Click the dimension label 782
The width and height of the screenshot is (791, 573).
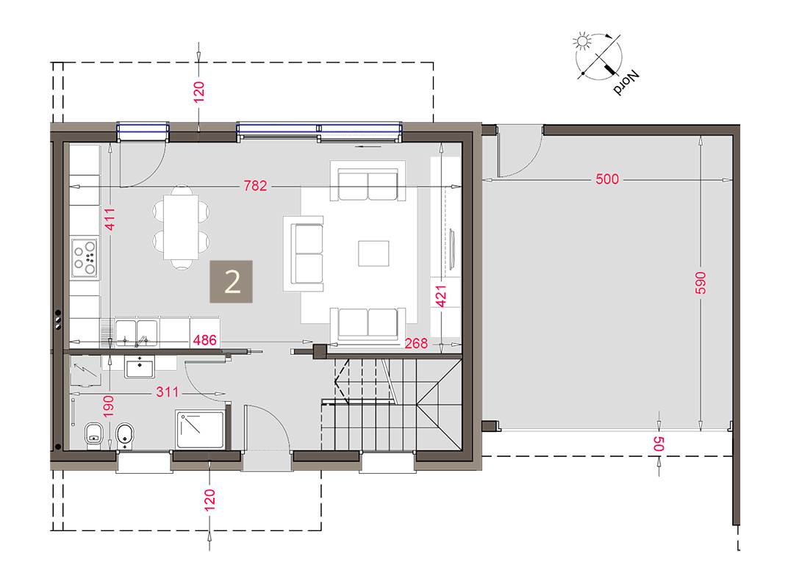point(255,186)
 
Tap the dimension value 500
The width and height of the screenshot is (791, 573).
point(607,179)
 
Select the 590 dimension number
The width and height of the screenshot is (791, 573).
point(700,283)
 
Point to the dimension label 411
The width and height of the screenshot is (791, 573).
point(110,219)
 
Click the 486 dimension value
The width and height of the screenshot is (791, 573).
point(205,340)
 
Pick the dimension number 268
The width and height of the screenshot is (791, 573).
point(416,343)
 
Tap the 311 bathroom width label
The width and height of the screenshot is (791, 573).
point(167,392)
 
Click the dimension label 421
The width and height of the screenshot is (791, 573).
point(441,296)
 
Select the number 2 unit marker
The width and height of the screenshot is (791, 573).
point(231,281)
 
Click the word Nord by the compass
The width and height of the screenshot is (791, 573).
point(626,82)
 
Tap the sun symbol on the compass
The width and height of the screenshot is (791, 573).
point(583,41)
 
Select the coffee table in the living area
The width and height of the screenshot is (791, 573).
point(373,253)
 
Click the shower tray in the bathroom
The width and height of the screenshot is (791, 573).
point(200,429)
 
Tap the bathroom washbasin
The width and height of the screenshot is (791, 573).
point(139,367)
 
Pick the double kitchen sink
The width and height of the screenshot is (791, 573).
point(136,332)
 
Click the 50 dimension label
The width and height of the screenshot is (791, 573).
point(659,444)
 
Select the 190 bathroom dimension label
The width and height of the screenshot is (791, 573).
point(109,406)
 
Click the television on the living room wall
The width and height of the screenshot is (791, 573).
point(452,248)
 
